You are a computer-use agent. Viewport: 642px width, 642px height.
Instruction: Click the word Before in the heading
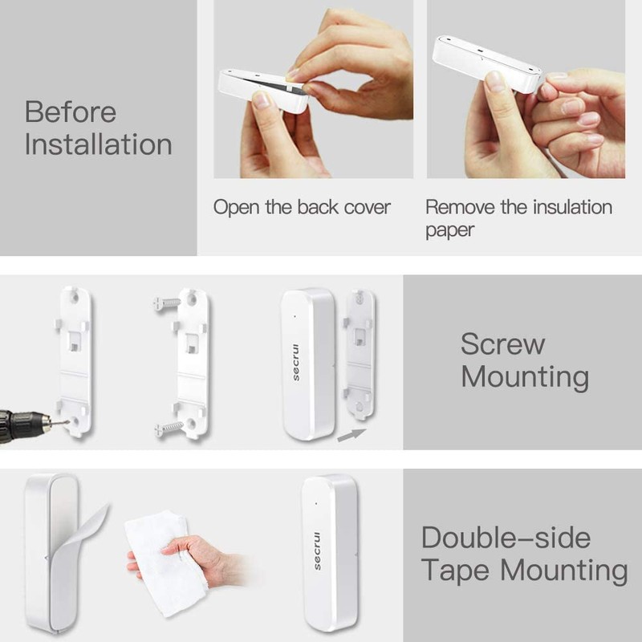point(70,112)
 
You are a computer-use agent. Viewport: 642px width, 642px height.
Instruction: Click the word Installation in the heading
point(98,145)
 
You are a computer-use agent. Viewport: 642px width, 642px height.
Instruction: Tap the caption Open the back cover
point(302,207)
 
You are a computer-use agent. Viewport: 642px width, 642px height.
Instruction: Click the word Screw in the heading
point(502,344)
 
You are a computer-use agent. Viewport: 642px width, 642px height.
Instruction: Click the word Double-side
point(506,537)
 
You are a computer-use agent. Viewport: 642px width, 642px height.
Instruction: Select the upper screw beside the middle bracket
point(166,304)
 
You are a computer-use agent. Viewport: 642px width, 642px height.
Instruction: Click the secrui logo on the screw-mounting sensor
point(296,364)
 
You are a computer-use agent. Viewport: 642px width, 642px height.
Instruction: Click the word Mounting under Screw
point(525,377)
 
